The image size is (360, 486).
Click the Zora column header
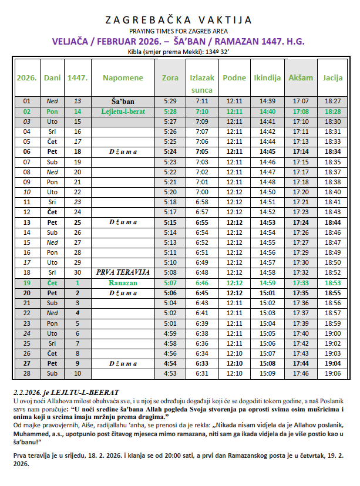[170, 77]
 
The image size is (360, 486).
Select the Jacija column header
[332, 77]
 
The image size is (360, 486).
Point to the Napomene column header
[123, 77]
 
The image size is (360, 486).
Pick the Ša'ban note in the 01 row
[123, 102]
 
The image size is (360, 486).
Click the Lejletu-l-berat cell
[123, 111]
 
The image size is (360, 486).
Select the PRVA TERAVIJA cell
[123, 273]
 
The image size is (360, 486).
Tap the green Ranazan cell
[123, 282]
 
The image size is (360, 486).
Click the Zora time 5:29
[170, 102]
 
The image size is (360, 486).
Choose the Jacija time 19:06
[332, 373]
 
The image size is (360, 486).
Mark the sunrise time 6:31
[201, 373]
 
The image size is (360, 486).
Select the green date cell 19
[26, 282]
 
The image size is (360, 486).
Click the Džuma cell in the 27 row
[123, 364]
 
